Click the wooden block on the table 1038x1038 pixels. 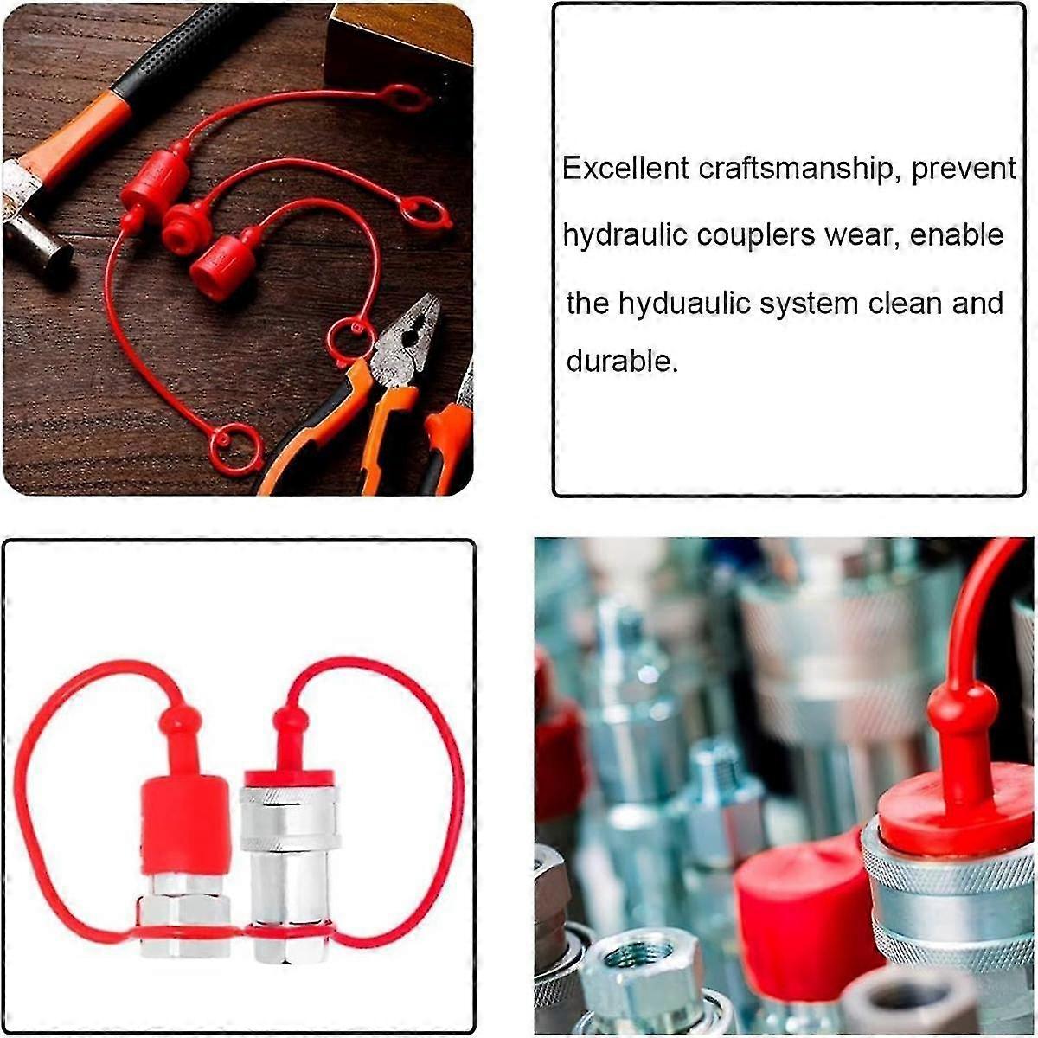398,43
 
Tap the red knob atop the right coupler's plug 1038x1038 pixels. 291,721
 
